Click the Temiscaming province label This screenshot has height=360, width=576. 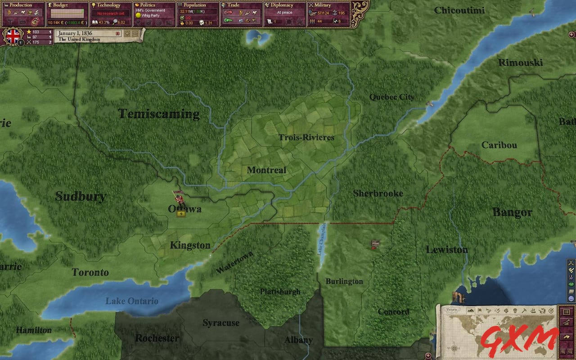click(x=159, y=114)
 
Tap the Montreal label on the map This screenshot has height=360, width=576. click(x=266, y=170)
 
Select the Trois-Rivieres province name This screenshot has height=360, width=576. click(x=306, y=137)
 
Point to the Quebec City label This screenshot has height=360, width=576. click(x=391, y=97)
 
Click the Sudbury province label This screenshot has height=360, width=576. click(x=81, y=196)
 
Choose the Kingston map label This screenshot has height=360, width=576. click(x=190, y=245)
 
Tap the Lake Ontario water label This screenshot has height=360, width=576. click(x=132, y=301)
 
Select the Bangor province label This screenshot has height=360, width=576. click(x=512, y=212)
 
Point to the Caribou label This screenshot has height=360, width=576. click(x=499, y=145)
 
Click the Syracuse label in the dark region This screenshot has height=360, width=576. click(x=220, y=323)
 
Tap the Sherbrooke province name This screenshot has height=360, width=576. click(x=378, y=193)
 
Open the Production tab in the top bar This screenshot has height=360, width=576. click(x=21, y=5)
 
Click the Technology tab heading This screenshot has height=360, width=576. click(x=108, y=5)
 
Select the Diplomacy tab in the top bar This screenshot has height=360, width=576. click(x=282, y=5)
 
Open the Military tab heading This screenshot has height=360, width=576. click(x=323, y=5)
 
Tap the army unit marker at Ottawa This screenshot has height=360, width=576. click(x=179, y=197)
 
